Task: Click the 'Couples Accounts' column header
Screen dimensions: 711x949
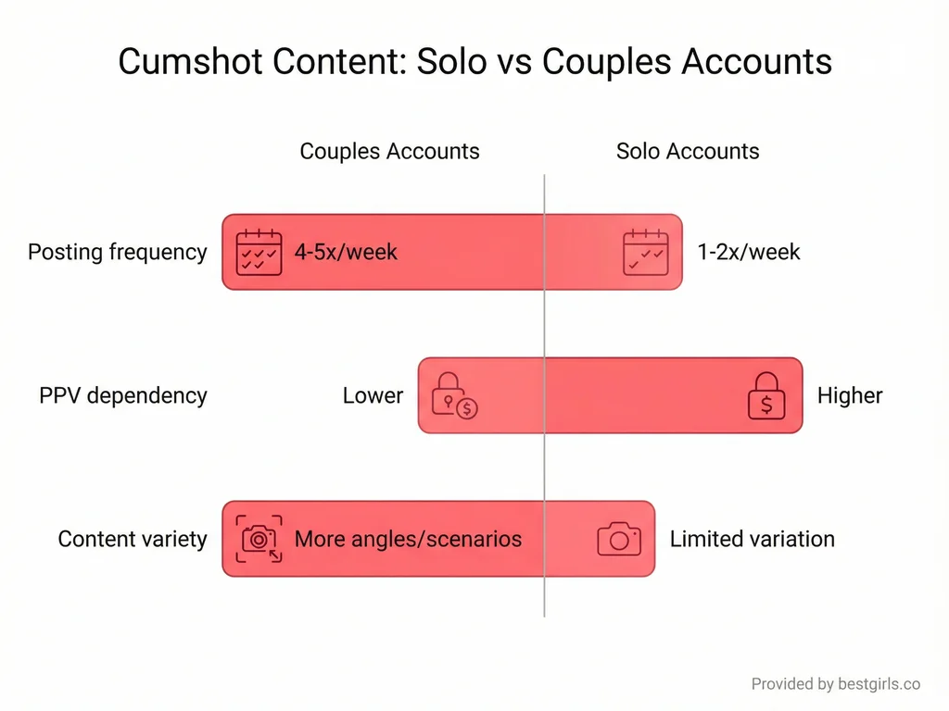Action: click(x=389, y=151)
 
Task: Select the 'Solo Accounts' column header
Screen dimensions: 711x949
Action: click(x=687, y=151)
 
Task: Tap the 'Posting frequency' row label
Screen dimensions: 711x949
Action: click(x=118, y=252)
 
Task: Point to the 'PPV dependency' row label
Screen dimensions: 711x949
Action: click(x=123, y=395)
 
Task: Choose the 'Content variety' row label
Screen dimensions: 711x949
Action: click(x=133, y=539)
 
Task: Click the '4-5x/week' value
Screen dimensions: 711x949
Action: click(x=346, y=252)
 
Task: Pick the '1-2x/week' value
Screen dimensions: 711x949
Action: click(x=749, y=252)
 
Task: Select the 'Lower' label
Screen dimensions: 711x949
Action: click(x=373, y=395)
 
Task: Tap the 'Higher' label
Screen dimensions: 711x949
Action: click(x=850, y=395)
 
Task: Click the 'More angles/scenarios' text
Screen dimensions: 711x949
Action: click(x=408, y=539)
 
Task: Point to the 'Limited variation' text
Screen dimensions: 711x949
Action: click(x=752, y=539)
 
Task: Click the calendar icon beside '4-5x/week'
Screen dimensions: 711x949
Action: click(x=259, y=252)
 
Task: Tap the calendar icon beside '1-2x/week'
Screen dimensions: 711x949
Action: click(x=645, y=252)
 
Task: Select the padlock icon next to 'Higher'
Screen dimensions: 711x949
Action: click(x=766, y=395)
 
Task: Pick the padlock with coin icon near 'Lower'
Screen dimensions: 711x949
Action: click(x=453, y=396)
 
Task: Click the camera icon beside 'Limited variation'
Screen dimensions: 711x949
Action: click(x=619, y=539)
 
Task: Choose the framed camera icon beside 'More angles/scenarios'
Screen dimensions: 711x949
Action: click(x=259, y=539)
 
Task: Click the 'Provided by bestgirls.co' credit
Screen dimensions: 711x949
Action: click(x=835, y=684)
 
